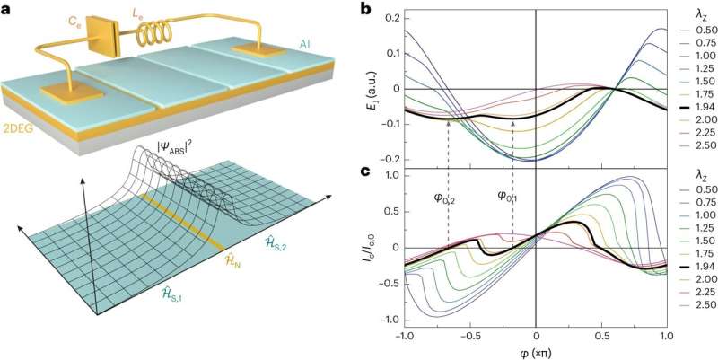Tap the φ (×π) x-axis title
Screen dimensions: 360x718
pyautogui.click(x=537, y=351)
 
